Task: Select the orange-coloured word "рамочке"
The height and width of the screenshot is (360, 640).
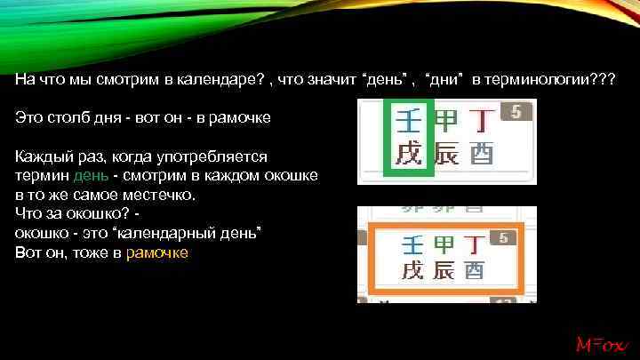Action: tap(157, 252)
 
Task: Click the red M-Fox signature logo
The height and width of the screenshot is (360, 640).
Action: tap(603, 343)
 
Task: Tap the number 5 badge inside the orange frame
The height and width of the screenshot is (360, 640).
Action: tap(503, 238)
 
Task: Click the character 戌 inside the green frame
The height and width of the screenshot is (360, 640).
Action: tap(409, 154)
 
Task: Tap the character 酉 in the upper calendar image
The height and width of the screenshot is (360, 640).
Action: tap(481, 154)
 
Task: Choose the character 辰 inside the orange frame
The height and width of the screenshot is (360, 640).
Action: tap(444, 270)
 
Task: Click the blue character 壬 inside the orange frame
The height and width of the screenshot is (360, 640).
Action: tap(412, 244)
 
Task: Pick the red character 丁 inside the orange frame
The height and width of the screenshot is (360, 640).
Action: tap(475, 244)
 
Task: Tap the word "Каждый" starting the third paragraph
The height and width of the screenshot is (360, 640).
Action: tap(39, 157)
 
